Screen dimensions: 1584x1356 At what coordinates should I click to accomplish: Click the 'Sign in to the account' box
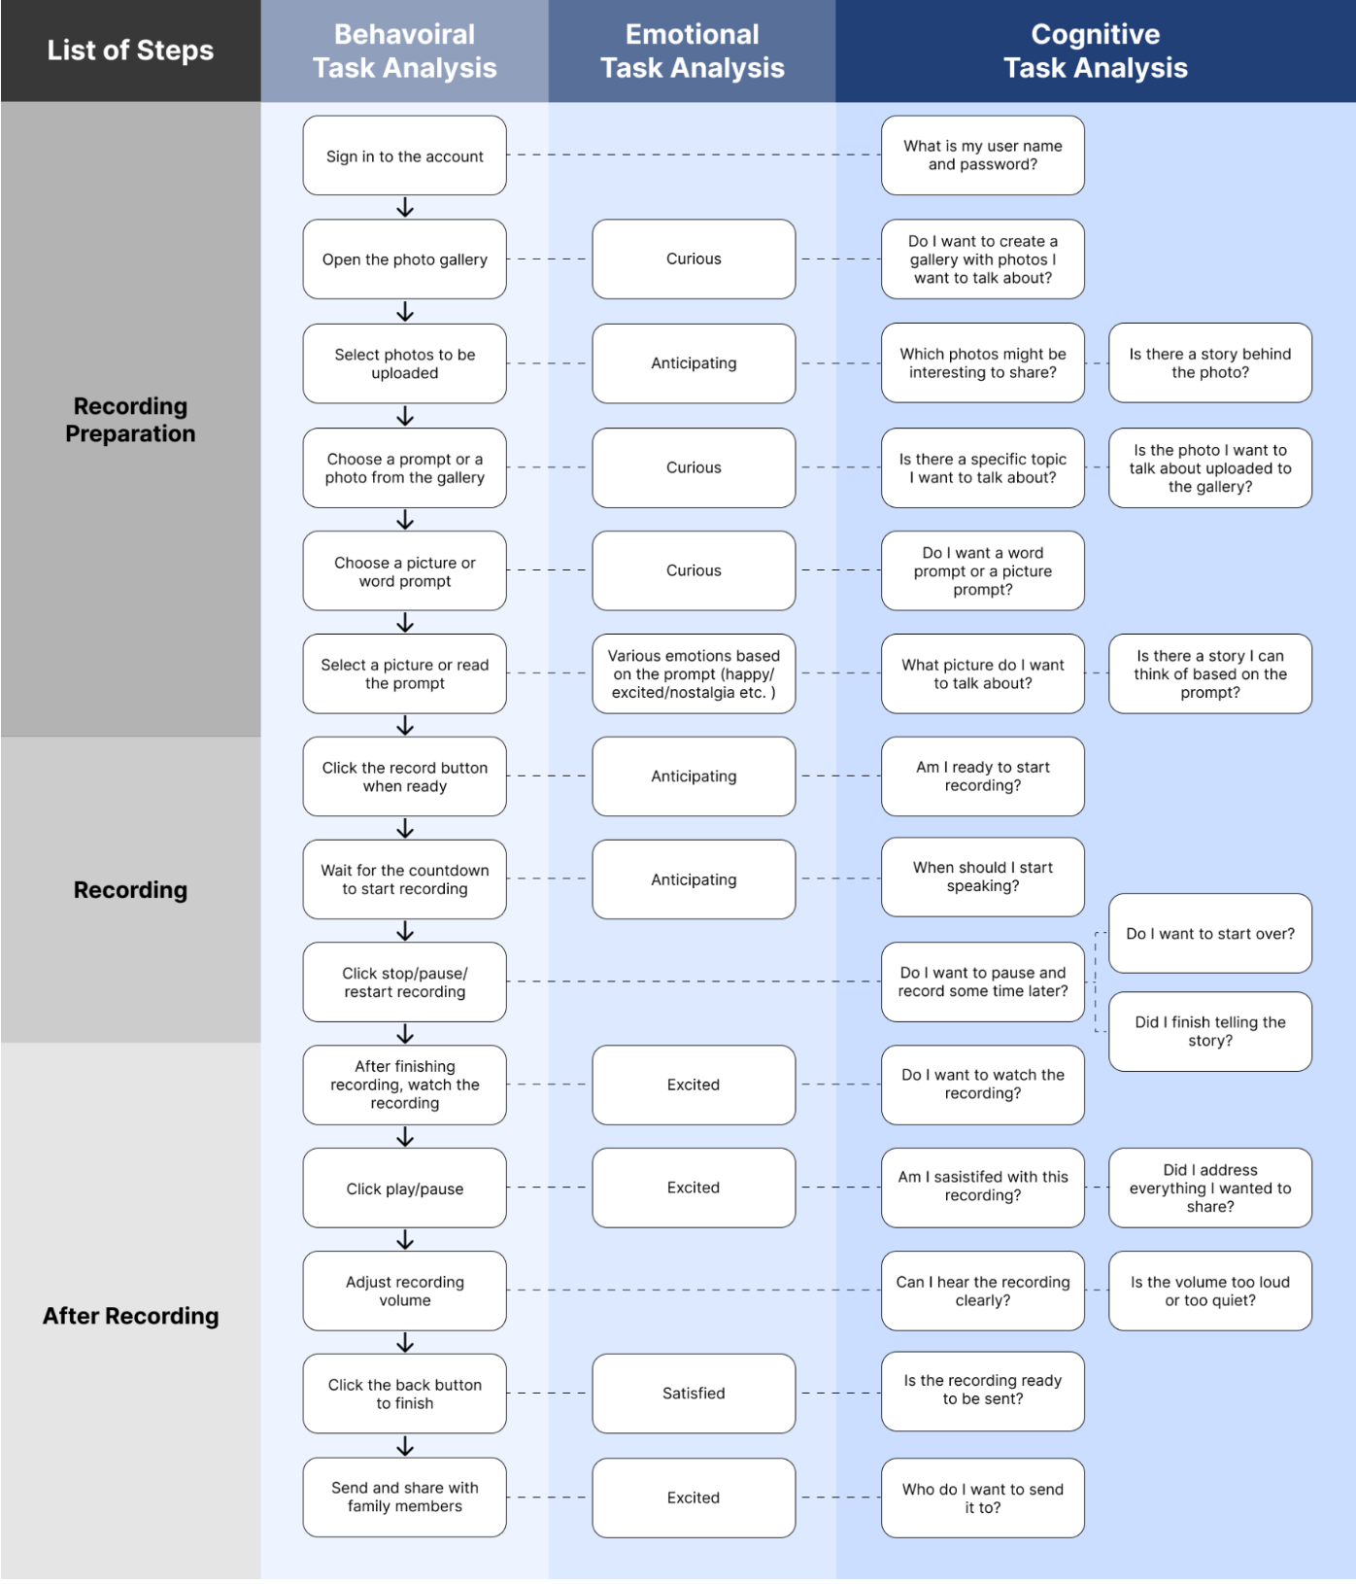[x=404, y=155]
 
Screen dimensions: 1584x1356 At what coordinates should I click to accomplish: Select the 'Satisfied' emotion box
[x=694, y=1393]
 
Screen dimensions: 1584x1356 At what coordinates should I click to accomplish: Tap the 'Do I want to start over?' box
[x=1210, y=933]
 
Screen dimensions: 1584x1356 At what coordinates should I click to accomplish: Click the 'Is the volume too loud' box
[x=1210, y=1291]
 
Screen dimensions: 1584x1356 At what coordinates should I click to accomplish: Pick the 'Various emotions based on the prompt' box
[x=694, y=673]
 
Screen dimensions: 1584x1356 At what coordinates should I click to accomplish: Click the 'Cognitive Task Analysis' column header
[x=1095, y=51]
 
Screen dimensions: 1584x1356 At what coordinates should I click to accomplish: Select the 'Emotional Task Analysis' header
[x=692, y=51]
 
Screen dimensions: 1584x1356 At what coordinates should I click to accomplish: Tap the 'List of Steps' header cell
[x=130, y=51]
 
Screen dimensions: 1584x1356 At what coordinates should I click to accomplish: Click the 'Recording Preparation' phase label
[x=130, y=420]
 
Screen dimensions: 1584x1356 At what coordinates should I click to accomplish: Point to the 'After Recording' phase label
[x=130, y=1316]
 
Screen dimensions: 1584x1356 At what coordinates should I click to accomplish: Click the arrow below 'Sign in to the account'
[x=405, y=208]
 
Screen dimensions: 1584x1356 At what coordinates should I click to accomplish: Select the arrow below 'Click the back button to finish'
[x=405, y=1446]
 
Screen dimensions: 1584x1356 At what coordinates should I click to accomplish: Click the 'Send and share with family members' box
[x=404, y=1497]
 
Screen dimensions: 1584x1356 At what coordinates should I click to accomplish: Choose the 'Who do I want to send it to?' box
[x=983, y=1498]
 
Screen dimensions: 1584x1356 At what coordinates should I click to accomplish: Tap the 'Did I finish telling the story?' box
[x=1210, y=1031]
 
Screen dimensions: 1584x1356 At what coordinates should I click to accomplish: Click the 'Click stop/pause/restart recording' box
[x=404, y=981]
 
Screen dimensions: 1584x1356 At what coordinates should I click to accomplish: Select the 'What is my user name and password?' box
[x=983, y=155]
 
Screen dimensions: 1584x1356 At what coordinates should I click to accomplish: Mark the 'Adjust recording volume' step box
[x=404, y=1291]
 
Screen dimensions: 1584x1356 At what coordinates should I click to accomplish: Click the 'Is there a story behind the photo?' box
[x=1210, y=362]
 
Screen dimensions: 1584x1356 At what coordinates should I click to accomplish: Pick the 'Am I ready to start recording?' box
[x=983, y=775]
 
